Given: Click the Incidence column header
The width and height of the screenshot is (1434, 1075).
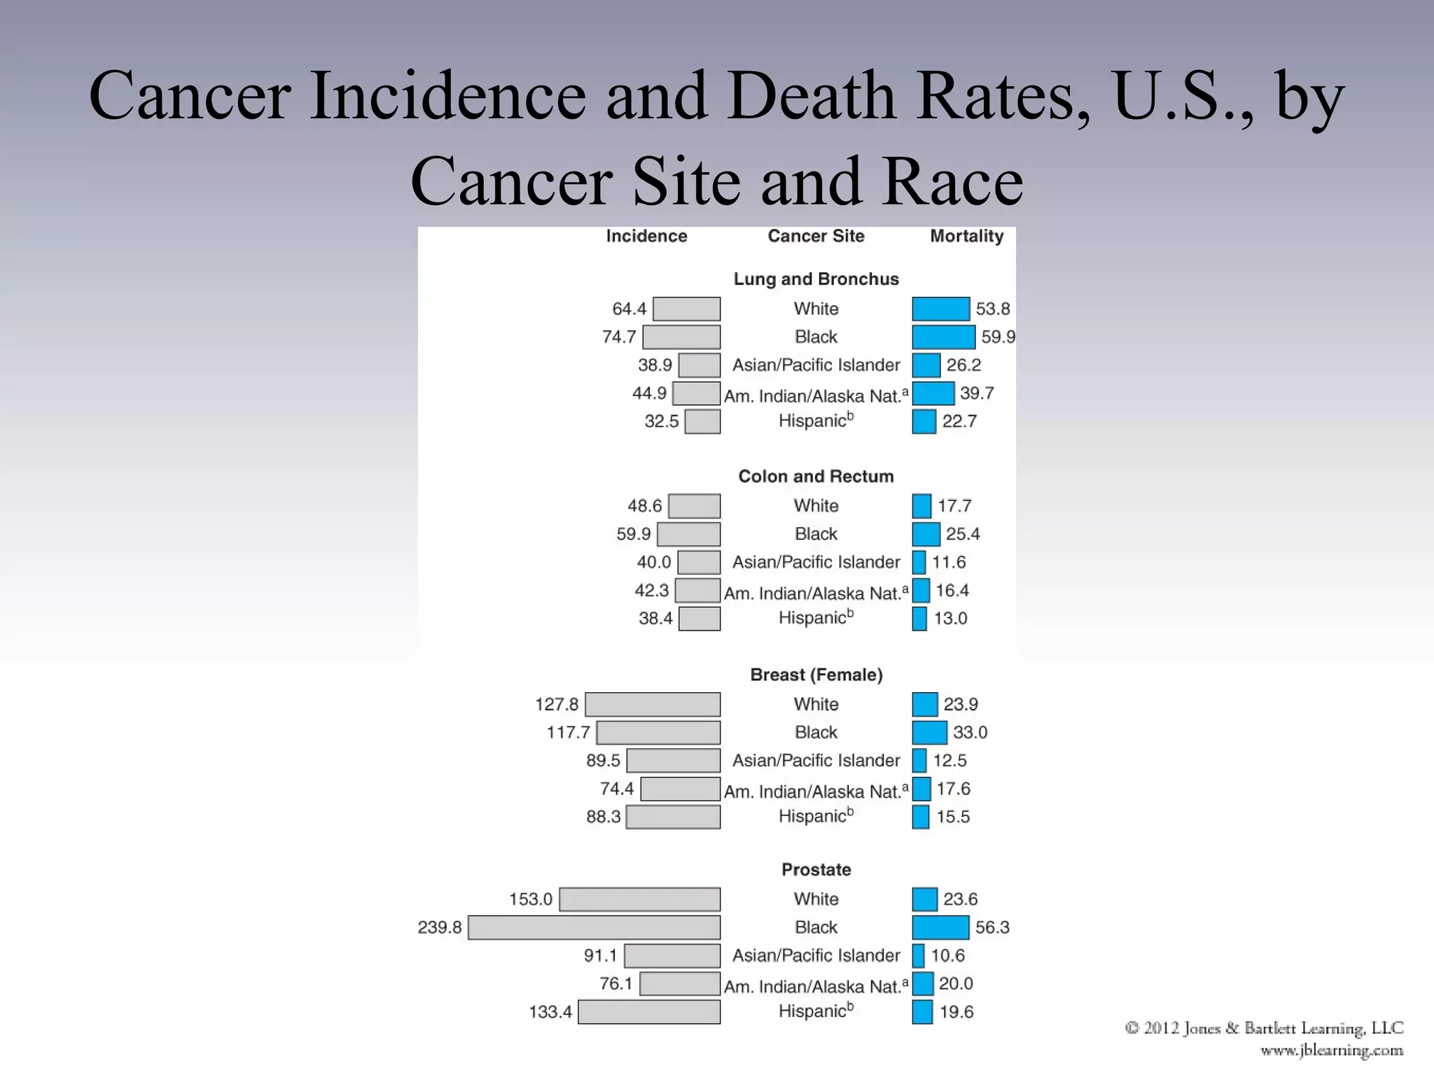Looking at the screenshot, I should tap(646, 237).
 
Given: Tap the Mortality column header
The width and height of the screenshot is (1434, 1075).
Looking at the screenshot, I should tap(966, 237).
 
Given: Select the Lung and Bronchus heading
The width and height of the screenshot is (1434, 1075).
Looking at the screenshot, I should tap(816, 279).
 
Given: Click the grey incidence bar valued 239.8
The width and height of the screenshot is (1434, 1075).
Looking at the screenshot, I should tap(594, 928).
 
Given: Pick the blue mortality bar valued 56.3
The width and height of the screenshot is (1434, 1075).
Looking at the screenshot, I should tap(940, 928).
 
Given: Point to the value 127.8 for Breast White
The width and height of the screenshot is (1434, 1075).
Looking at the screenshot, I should tap(557, 705).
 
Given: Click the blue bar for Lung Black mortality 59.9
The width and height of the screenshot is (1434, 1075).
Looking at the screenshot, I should tap(943, 337).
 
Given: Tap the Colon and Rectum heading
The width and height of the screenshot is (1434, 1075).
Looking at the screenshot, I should tap(816, 477).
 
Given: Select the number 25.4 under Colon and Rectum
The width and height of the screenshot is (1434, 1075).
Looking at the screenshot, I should tap(963, 535).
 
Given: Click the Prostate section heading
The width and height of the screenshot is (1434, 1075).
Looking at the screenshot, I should tap(816, 870).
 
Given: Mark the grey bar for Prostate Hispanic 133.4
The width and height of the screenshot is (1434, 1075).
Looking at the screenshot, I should tap(649, 1012).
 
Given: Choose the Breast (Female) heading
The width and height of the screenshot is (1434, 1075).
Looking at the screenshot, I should tap(816, 675).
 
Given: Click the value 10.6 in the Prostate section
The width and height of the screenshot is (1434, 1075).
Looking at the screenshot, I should tap(947, 956).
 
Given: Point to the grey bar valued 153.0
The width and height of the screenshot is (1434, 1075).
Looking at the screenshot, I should tap(639, 899).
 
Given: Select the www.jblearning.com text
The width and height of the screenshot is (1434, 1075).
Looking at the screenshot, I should tap(1331, 1051).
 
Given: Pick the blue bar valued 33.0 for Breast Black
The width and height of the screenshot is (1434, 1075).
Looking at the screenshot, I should tap(929, 733).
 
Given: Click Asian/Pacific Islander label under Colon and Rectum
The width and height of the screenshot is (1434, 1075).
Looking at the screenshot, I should tap(816, 563).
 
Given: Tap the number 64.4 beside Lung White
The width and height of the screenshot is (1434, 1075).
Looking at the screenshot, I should tap(629, 309).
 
